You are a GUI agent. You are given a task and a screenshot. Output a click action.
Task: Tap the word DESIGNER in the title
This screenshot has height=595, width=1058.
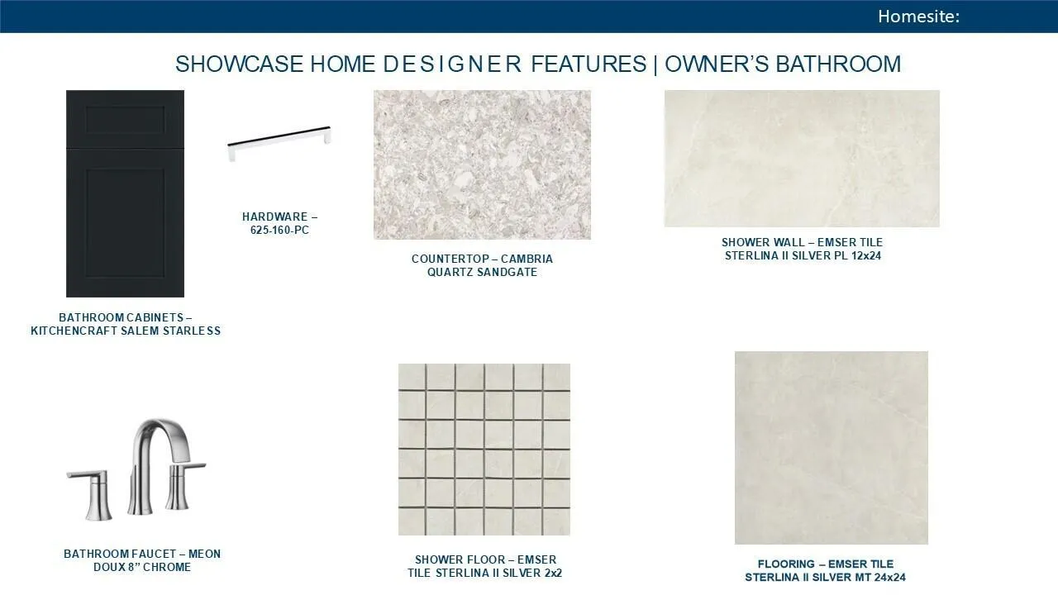coord(452,64)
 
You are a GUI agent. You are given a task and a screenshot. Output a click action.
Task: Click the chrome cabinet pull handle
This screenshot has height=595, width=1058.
coord(279,142)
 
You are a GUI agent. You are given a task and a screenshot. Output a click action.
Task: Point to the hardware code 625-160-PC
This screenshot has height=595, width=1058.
coord(279,230)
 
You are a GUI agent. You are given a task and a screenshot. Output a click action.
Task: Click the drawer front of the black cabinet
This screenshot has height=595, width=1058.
coord(125,120)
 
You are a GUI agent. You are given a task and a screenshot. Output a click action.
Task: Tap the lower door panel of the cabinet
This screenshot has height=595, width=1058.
coord(125,223)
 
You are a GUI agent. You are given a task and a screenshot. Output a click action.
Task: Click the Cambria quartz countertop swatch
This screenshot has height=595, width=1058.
coord(482,164)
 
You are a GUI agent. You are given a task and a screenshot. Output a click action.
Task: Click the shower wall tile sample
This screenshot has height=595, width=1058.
coord(802,159)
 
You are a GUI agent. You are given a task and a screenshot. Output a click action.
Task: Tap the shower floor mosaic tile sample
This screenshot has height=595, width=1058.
coord(484,449)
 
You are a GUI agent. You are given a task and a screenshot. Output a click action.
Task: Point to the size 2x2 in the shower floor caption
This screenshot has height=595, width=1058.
coord(553,573)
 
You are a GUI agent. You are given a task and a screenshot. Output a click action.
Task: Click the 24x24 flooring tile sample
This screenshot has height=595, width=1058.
coord(832,448)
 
